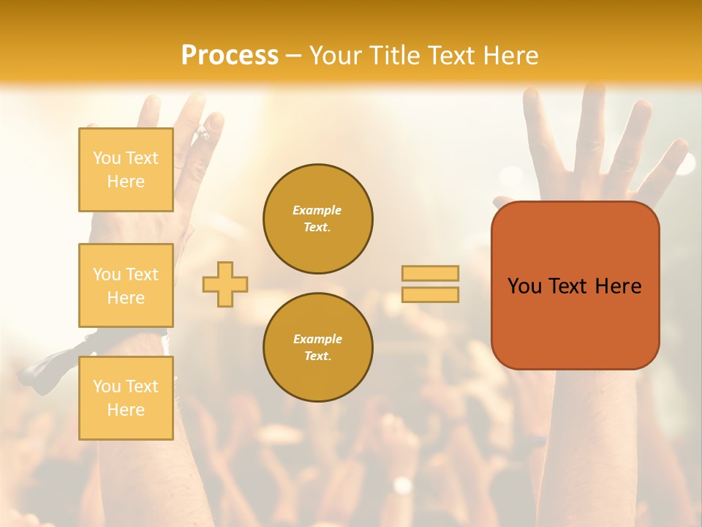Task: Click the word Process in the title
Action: click(x=230, y=56)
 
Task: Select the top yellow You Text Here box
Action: click(x=126, y=170)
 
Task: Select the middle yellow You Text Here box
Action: click(x=126, y=285)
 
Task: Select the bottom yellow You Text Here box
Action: click(x=126, y=397)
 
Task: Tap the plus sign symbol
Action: click(x=225, y=284)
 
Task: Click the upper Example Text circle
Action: click(x=317, y=219)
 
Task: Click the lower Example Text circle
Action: click(x=317, y=348)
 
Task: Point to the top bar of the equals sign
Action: click(x=430, y=273)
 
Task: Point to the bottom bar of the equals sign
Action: click(x=430, y=294)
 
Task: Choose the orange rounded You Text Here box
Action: click(x=575, y=285)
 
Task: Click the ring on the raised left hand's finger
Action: click(x=203, y=133)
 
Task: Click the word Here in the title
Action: click(x=510, y=56)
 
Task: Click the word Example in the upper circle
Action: click(x=317, y=210)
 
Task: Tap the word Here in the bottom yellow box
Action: click(x=126, y=410)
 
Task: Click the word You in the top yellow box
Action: click(x=107, y=158)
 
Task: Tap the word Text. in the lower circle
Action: click(x=317, y=356)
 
